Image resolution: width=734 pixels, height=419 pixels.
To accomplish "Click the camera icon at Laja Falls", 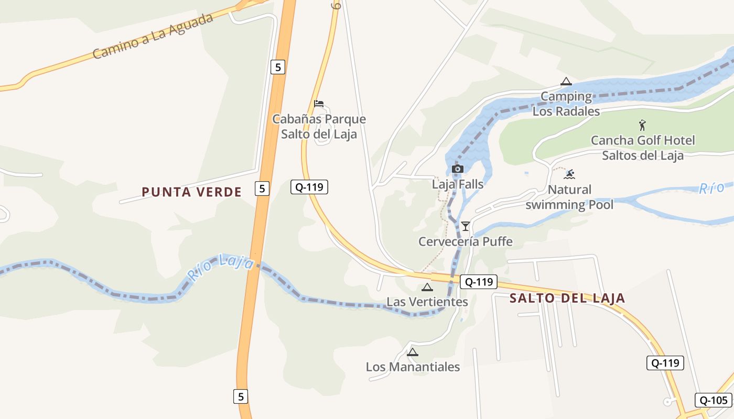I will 457,169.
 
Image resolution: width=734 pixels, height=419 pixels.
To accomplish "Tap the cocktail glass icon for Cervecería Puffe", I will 465,226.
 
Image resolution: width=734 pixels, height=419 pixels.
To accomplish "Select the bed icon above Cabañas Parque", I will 318,104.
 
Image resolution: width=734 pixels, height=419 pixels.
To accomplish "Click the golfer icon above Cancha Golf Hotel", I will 642,125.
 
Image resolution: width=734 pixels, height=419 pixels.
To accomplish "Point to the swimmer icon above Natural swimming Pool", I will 570,174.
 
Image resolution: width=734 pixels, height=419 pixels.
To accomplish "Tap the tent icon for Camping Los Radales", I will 565,82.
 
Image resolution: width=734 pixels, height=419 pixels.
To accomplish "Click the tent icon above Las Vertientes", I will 427,287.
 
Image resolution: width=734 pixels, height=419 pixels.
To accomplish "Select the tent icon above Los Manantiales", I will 413,352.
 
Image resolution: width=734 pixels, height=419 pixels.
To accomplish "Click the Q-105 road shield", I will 713,400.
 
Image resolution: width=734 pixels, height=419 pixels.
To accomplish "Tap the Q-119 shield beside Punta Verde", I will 309,187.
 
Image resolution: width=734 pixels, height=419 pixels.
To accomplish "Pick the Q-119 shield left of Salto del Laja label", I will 478,282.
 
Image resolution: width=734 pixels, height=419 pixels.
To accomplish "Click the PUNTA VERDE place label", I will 192,192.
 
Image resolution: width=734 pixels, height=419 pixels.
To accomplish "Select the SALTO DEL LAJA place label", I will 568,299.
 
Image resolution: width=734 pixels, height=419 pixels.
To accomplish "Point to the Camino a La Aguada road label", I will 153,36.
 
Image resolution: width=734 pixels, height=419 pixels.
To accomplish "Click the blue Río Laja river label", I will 221,266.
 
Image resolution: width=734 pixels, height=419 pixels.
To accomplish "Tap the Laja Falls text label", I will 458,184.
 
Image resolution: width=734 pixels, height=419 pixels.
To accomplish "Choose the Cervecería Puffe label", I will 466,241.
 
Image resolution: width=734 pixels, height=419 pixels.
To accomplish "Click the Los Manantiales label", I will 413,367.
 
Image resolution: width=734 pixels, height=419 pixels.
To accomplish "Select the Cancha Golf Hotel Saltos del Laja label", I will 643,148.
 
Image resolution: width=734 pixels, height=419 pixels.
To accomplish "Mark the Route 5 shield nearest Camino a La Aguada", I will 278,67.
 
